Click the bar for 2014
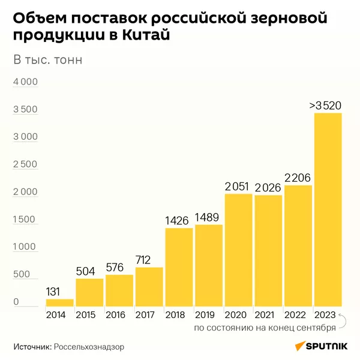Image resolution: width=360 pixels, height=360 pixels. pyautogui.click(x=60, y=302)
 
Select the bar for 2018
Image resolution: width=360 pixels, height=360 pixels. pyautogui.click(x=179, y=267)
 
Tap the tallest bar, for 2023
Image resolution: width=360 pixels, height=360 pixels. pyautogui.click(x=328, y=209)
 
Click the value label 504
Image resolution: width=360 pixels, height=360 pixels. pyautogui.click(x=89, y=271)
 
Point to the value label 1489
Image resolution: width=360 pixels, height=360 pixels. pyautogui.click(x=209, y=218)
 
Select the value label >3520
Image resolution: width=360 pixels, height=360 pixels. pyautogui.click(x=325, y=106)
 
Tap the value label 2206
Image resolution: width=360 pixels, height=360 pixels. pyautogui.click(x=298, y=178)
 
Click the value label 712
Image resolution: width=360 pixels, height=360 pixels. pyautogui.click(x=149, y=260)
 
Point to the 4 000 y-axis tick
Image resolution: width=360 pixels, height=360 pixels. pyautogui.click(x=26, y=82)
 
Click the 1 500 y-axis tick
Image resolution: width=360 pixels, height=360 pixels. pyautogui.click(x=26, y=220)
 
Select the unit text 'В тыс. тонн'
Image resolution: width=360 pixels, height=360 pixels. pyautogui.click(x=47, y=60)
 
